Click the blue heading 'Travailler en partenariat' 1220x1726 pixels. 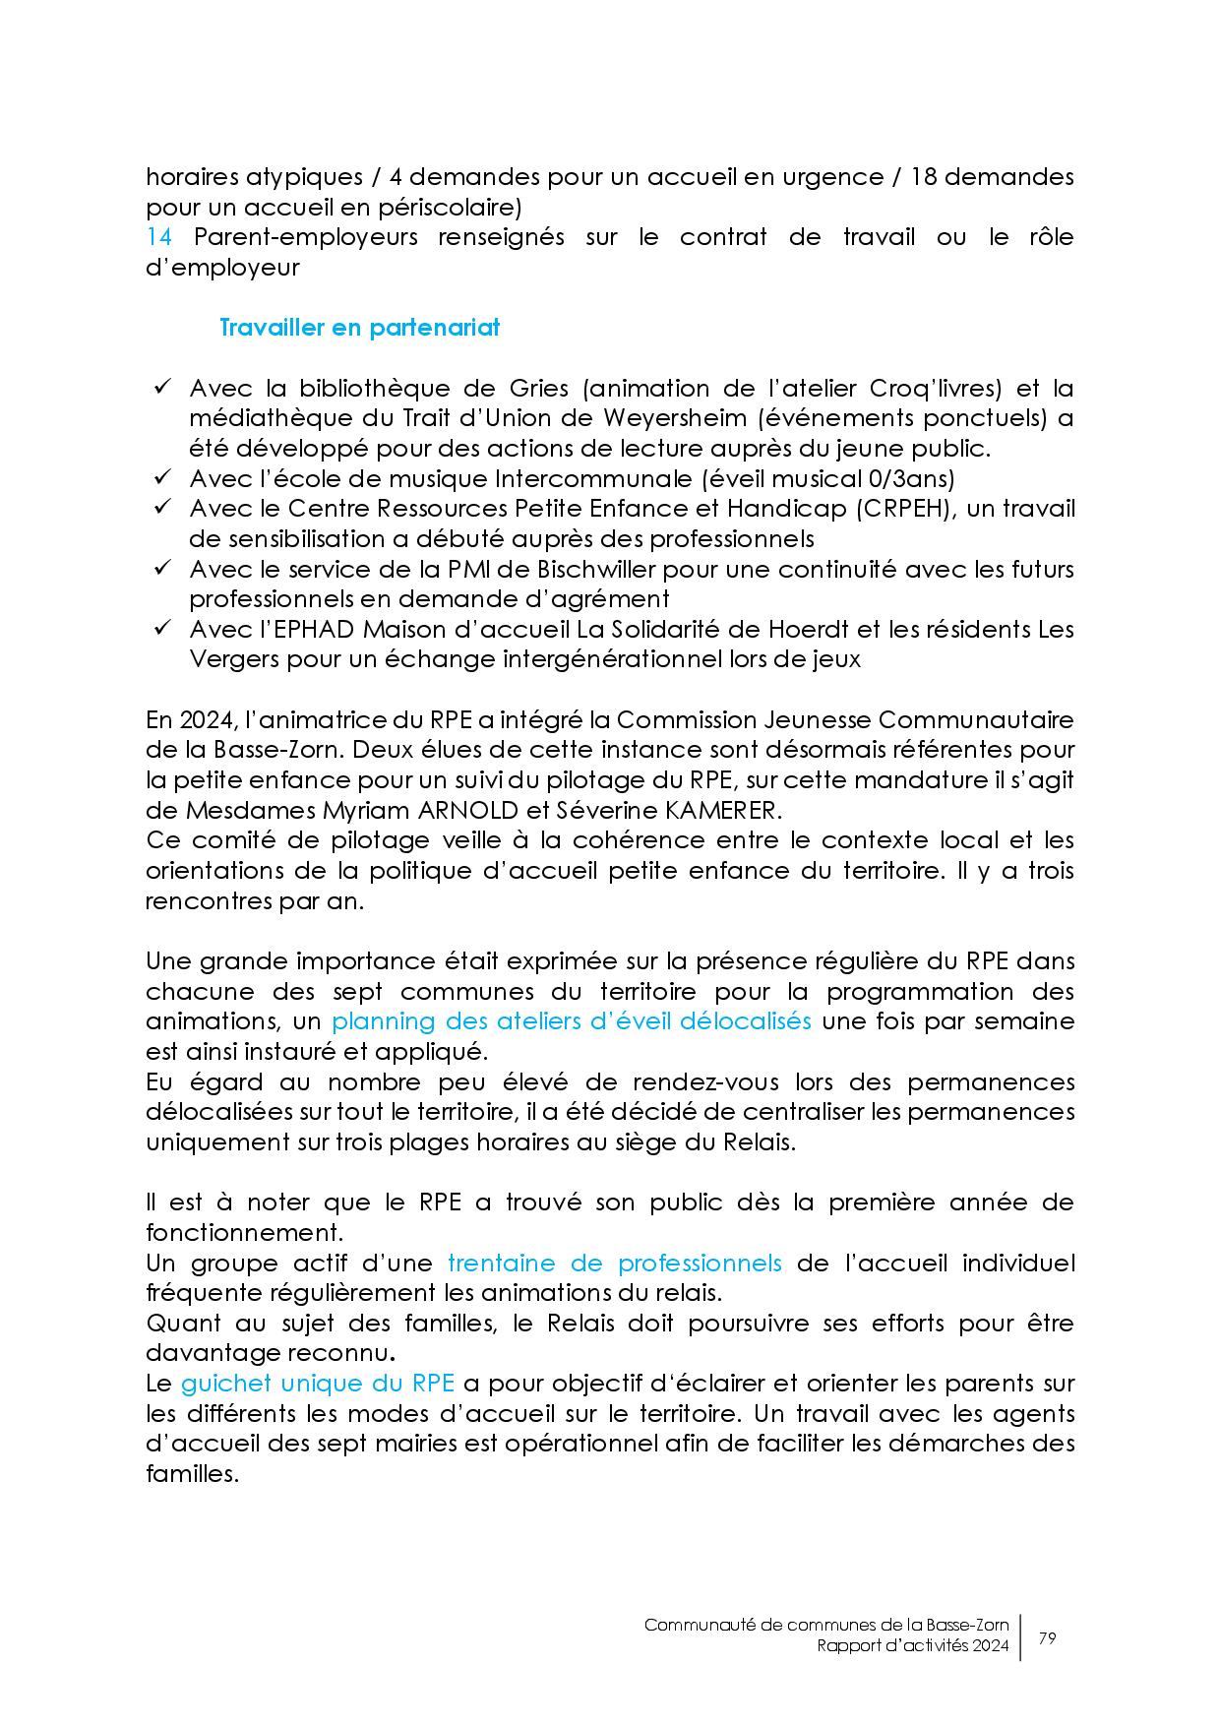pyautogui.click(x=359, y=328)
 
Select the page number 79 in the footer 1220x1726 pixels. pyautogui.click(x=1047, y=1638)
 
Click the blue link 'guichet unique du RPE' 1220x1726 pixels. pyautogui.click(x=317, y=1384)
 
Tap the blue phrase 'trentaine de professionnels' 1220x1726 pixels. pyautogui.click(x=614, y=1264)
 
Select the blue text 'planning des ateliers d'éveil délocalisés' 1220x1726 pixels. pyautogui.click(x=571, y=1021)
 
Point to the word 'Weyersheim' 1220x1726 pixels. pyautogui.click(x=674, y=418)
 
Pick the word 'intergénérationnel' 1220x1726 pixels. pyautogui.click(x=619, y=659)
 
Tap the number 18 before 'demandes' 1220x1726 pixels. pyautogui.click(x=929, y=178)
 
